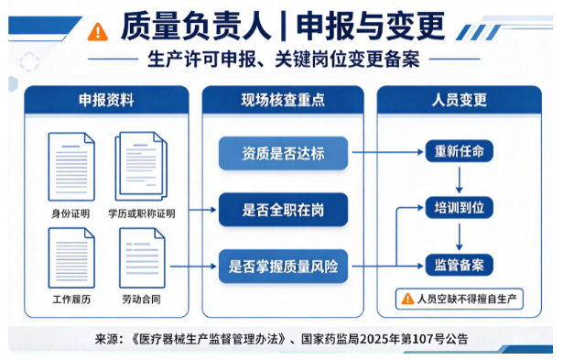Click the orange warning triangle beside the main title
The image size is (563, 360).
click(x=98, y=32)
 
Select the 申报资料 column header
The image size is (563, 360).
click(x=106, y=100)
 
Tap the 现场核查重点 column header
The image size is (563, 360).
click(x=283, y=100)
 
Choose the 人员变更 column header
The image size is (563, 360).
click(x=460, y=100)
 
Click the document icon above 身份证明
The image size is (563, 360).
click(x=71, y=167)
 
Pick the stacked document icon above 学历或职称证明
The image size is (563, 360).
click(x=141, y=166)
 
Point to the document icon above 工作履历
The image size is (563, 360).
click(x=71, y=258)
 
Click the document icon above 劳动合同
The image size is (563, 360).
click(x=142, y=258)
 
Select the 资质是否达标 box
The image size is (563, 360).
click(x=283, y=153)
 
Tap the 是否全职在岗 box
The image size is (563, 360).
click(x=283, y=210)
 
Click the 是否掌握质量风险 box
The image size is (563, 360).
click(x=283, y=267)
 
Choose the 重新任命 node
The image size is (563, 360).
click(x=460, y=151)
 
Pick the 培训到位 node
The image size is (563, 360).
click(x=460, y=208)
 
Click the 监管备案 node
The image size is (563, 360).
click(x=460, y=265)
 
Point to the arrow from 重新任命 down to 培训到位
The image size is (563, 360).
click(x=460, y=180)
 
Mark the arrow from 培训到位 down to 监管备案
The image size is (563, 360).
click(x=460, y=236)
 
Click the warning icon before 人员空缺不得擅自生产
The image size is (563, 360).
click(x=407, y=299)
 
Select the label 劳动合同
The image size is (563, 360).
click(x=142, y=299)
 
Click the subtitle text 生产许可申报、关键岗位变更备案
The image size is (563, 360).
click(x=283, y=59)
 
